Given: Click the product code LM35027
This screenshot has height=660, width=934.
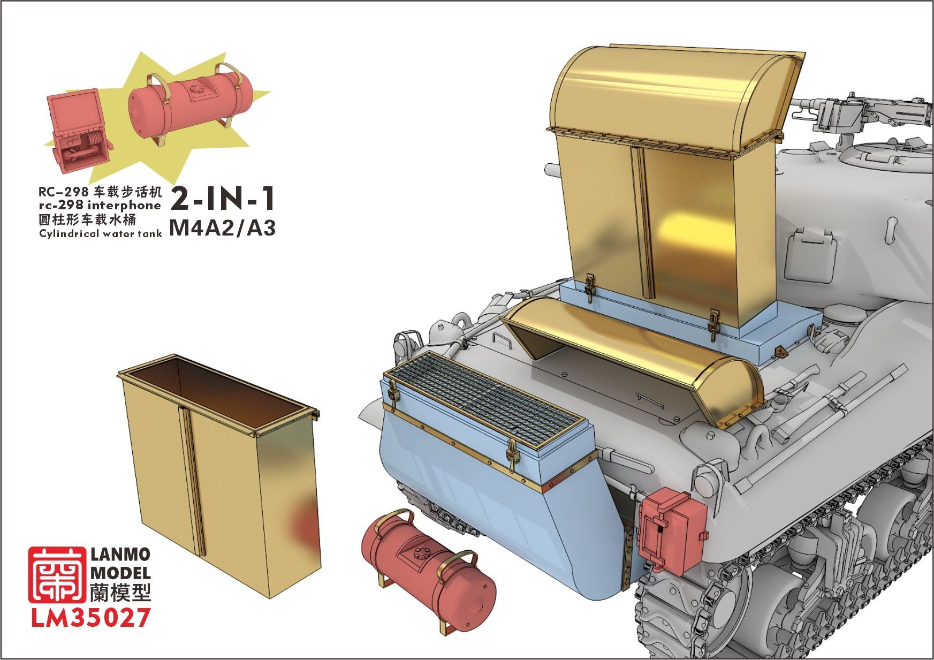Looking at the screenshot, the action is tap(89, 618).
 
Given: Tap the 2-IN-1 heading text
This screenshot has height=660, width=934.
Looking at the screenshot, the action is tap(223, 199).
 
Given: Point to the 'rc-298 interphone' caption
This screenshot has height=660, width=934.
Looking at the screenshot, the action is tap(100, 206).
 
